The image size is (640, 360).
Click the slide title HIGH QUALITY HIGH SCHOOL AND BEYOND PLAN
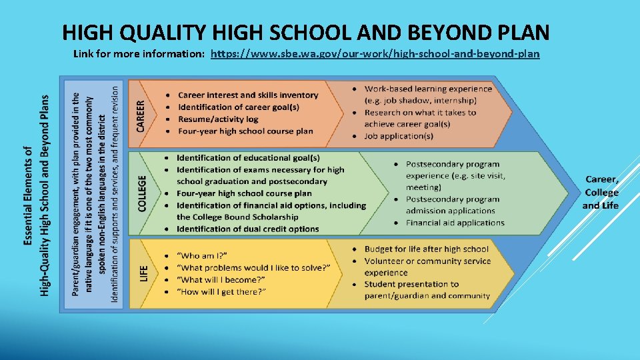[305, 31]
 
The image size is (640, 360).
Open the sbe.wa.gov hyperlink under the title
[375, 54]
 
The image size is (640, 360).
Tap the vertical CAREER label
[140, 115]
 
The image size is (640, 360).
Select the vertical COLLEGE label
[142, 193]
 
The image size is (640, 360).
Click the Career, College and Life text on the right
[601, 192]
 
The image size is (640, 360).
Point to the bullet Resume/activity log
[219, 119]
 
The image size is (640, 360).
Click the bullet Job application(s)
[399, 136]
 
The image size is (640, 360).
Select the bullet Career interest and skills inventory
[248, 95]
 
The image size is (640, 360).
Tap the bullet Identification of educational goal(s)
[248, 158]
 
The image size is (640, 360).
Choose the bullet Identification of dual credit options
[247, 229]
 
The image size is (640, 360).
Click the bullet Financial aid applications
[455, 223]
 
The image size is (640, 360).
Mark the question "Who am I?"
[202, 255]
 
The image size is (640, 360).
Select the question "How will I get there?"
[221, 292]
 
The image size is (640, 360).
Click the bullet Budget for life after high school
[426, 249]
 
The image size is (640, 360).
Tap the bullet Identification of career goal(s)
[239, 107]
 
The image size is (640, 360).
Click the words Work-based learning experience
[428, 89]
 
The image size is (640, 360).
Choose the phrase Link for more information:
[139, 54]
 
